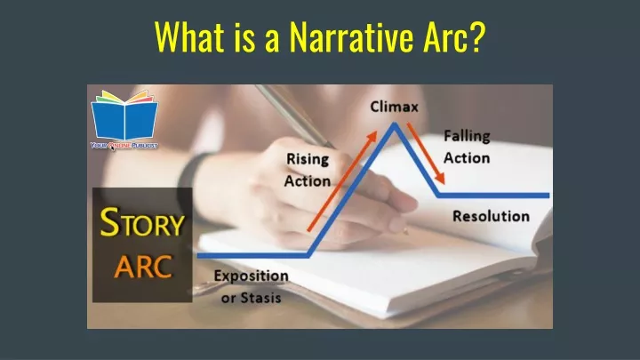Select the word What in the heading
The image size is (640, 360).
[190, 36]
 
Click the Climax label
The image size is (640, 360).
[394, 107]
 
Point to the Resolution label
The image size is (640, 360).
[491, 216]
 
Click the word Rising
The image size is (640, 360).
[308, 159]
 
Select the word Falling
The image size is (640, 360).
[467, 136]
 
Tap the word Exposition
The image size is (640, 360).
[251, 276]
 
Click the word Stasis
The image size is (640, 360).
[260, 298]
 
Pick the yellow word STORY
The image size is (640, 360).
[142, 222]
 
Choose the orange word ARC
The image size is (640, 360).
[143, 267]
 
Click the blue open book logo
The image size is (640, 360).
[124, 116]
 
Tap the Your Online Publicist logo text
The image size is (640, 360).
[124, 145]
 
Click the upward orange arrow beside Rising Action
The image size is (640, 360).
[342, 181]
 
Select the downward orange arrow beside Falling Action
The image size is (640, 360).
[426, 154]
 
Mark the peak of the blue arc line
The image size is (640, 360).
[395, 124]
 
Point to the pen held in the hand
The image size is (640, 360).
[295, 116]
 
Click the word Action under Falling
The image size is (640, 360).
[467, 158]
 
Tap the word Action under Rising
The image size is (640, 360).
[308, 181]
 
